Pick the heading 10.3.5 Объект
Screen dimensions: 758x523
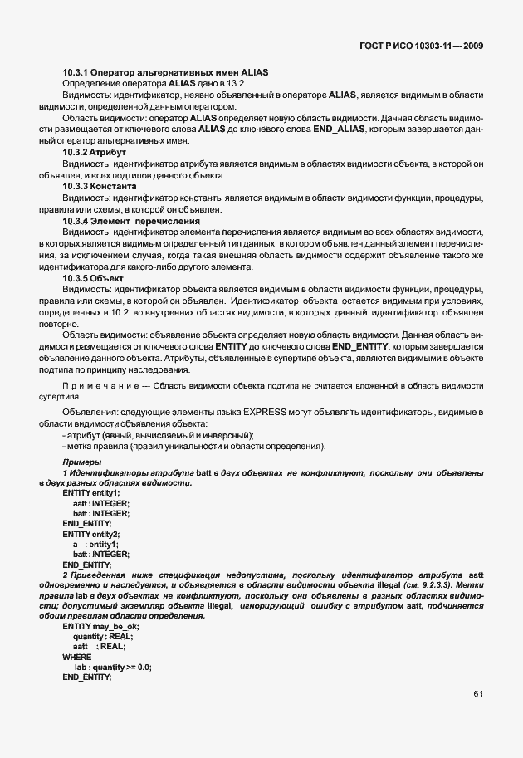pyautogui.click(x=93, y=277)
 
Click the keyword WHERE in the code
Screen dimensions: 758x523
pyautogui.click(x=77, y=656)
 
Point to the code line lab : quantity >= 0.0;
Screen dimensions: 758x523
pyautogui.click(x=112, y=667)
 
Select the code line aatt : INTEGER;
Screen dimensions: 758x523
pyautogui.click(x=101, y=503)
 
